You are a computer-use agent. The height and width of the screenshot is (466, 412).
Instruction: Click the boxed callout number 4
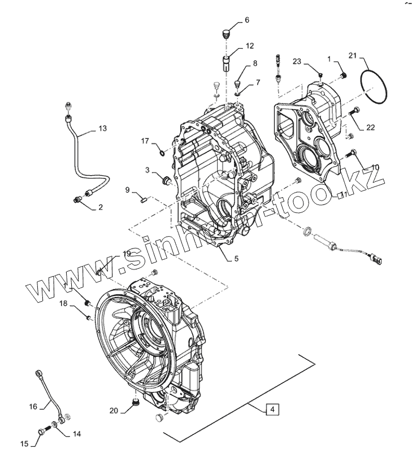[x=271, y=410]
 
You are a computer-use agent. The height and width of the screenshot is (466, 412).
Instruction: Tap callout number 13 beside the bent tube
[x=102, y=129]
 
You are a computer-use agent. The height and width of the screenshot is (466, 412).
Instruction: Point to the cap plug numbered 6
[x=227, y=32]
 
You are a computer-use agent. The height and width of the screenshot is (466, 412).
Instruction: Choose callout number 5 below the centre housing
[x=236, y=259]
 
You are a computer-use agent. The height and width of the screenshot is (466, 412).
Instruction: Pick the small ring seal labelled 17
[x=162, y=151]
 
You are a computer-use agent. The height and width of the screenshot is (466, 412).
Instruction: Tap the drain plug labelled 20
[x=135, y=402]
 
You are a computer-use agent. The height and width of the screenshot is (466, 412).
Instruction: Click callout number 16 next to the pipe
[x=33, y=406]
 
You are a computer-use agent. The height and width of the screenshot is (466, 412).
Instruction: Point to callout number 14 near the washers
[x=77, y=434]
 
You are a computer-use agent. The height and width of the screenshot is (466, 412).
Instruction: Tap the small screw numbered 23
[x=320, y=75]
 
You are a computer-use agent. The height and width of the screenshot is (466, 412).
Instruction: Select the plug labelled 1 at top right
[x=342, y=76]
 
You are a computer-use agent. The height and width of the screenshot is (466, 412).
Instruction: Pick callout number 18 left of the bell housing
[x=63, y=304]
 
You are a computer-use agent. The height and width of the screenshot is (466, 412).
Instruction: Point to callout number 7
[x=258, y=82]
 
